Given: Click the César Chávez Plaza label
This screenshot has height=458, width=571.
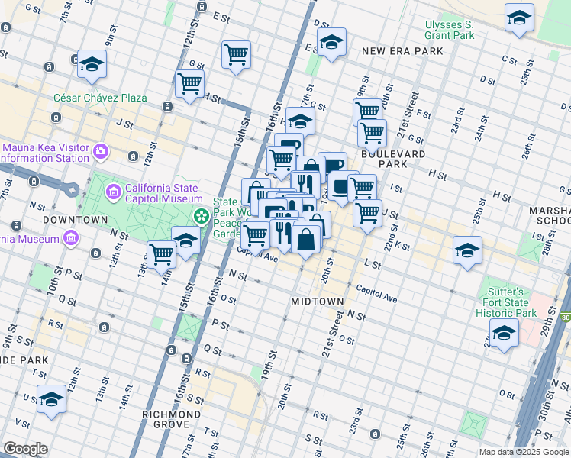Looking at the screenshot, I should pos(100,98).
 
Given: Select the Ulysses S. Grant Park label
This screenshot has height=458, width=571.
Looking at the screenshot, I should pos(450,30).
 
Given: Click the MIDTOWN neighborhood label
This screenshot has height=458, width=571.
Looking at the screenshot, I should pos(317,302).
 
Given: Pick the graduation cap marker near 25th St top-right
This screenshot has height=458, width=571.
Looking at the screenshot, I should pos(519,18).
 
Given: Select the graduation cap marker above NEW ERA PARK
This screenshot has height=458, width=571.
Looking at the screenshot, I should pos(331,43).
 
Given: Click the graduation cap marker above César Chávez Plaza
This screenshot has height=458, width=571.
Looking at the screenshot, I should pos(92,64).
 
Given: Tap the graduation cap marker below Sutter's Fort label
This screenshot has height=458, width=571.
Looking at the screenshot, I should pos(504,333).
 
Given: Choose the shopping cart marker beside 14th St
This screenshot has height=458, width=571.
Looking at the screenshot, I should pos(161,253).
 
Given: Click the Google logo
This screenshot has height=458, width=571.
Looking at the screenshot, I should pos(25,449).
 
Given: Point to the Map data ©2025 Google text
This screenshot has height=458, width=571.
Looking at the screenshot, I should pos(523,452).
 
